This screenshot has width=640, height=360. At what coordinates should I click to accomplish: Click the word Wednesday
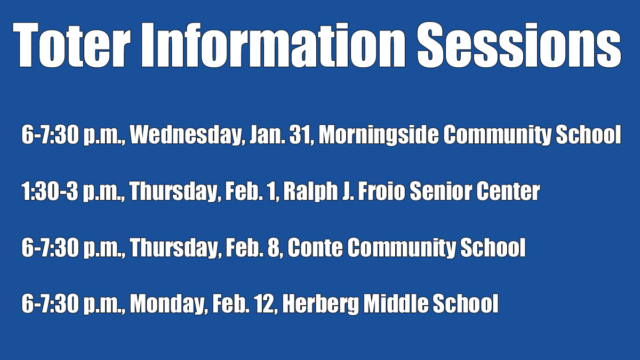pos(188,135)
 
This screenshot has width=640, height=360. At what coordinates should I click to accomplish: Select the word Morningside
pos(379,135)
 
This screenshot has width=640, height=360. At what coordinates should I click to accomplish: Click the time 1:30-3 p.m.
pos(74,191)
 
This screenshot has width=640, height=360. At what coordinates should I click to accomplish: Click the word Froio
pos(381,191)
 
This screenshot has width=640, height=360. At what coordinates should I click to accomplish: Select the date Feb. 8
pos(253,247)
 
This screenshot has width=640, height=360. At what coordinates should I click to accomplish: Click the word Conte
pos(315,247)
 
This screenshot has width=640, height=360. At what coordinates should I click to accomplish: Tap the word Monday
pos(169,304)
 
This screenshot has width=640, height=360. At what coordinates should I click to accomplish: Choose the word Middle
pos(396,303)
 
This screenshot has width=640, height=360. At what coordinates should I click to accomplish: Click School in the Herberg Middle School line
pos(466,303)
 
